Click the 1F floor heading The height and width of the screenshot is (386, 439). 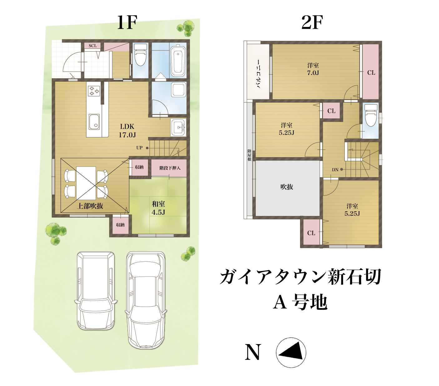tap(127, 23)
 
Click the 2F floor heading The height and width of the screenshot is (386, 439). tap(312, 23)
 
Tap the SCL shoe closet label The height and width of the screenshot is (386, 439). tap(92, 46)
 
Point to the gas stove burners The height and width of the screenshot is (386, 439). tap(94, 91)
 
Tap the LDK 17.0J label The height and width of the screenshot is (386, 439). tap(127, 131)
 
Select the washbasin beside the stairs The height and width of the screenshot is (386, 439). tap(178, 127)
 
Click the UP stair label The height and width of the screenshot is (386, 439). tap(139, 148)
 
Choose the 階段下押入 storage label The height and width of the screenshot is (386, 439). tap(170, 168)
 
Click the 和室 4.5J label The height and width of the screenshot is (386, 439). tap(158, 208)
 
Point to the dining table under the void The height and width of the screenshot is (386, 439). tap(86, 183)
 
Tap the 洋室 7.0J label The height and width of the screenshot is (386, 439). tap(313, 69)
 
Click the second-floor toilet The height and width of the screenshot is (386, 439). tap(371, 115)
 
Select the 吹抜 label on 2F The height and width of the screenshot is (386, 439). tap(287, 187)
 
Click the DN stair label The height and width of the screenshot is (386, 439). tap(335, 170)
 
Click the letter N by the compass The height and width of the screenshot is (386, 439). tap(253, 352)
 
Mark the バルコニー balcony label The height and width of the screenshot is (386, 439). tap(259, 74)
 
